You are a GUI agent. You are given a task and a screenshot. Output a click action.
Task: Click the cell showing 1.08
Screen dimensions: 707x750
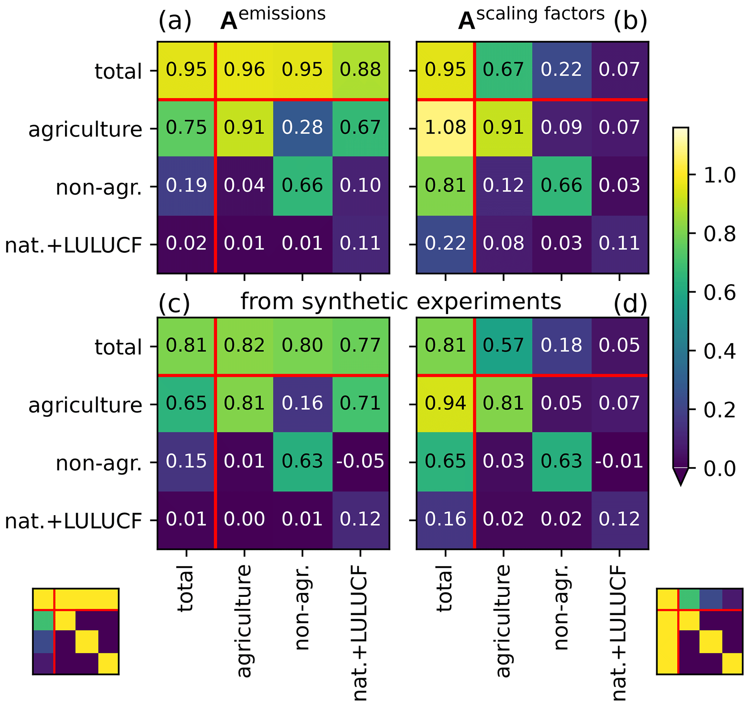coord(445,128)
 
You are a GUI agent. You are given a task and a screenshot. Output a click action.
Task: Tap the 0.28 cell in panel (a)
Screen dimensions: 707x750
coord(302,128)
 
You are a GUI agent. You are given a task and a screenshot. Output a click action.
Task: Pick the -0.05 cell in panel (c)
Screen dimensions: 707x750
coord(360,461)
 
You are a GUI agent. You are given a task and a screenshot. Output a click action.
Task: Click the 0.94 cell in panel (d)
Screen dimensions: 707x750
coord(445,403)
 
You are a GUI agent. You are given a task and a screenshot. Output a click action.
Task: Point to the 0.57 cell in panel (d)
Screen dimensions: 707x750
coord(503,345)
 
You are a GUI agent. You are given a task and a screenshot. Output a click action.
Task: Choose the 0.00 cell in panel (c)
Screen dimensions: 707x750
coord(244,519)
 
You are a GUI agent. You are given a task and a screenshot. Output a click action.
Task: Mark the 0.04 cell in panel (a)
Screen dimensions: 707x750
coord(244,186)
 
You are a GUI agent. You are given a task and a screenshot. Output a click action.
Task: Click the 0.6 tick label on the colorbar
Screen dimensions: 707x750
coord(720,293)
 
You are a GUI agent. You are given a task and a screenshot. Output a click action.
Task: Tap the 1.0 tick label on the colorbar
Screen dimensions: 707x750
coord(720,175)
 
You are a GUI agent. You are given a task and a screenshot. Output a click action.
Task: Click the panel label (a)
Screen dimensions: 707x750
coord(175,21)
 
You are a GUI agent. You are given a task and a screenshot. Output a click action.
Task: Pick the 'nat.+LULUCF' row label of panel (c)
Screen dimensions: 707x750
coord(73,521)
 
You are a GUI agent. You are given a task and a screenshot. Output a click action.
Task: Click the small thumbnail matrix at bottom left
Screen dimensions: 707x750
coord(76,631)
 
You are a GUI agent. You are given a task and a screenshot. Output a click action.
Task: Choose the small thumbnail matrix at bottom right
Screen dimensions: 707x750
coord(700,631)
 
